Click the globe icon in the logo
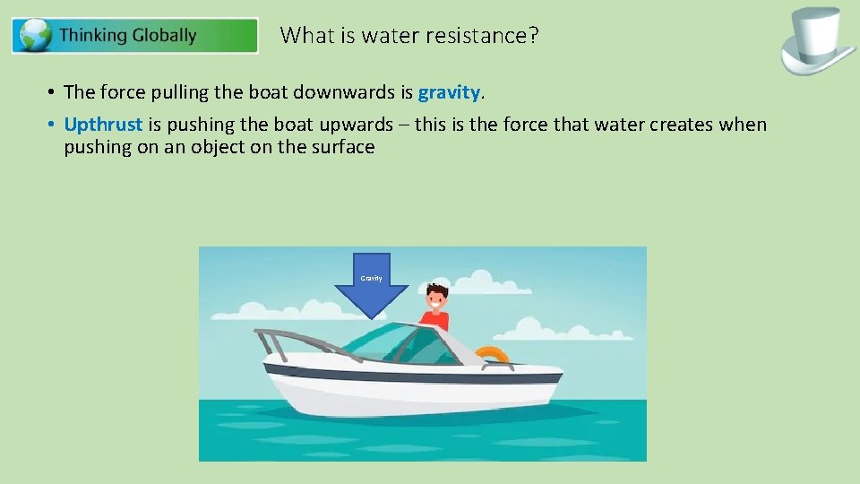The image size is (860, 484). (x=36, y=36)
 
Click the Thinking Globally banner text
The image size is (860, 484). (x=127, y=36)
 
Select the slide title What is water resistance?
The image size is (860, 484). (x=409, y=36)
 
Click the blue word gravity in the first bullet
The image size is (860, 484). (x=450, y=92)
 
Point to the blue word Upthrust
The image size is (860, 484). (x=103, y=125)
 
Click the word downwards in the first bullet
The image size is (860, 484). (x=346, y=92)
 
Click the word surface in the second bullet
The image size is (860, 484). (x=341, y=147)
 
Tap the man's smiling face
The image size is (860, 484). (x=436, y=298)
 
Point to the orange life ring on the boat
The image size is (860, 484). (x=492, y=356)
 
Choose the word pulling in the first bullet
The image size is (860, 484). (x=176, y=92)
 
